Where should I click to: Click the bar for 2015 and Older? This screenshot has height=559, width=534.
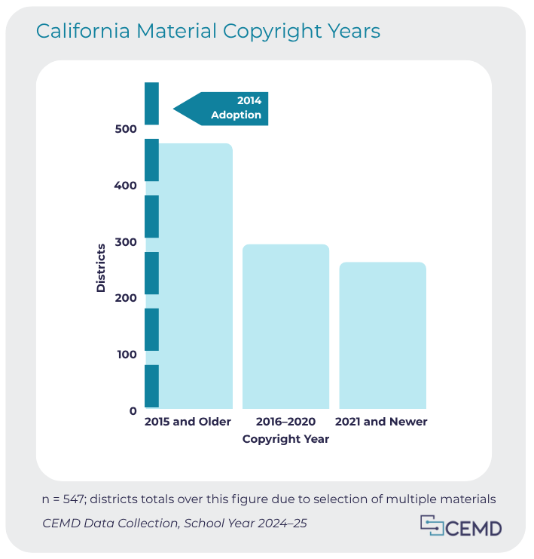pos(195,275)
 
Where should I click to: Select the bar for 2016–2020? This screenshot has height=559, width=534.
pos(285,326)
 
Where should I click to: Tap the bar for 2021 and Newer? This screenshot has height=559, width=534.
pos(382,335)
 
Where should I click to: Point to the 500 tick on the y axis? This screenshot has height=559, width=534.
pos(127,129)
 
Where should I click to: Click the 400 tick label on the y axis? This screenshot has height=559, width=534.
pos(127,186)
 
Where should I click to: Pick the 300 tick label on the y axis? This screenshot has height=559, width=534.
pos(127,242)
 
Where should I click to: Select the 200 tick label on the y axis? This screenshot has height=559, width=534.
pos(127,298)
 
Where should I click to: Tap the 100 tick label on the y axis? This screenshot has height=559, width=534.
pos(127,355)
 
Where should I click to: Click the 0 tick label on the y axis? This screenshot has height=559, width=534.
pos(133,411)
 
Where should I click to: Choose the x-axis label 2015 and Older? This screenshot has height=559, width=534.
pos(188,422)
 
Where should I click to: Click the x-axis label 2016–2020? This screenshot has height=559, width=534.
pos(285,422)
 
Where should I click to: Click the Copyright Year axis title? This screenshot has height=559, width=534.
pos(285,439)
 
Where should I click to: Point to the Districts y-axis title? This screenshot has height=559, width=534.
pos(101,268)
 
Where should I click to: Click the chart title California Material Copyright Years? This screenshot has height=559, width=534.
pos(208,31)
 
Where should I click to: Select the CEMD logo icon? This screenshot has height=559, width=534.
pos(432,526)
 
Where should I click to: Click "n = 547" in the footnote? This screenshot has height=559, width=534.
pos(67,499)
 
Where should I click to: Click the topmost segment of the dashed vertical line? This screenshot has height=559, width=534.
pos(151,103)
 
